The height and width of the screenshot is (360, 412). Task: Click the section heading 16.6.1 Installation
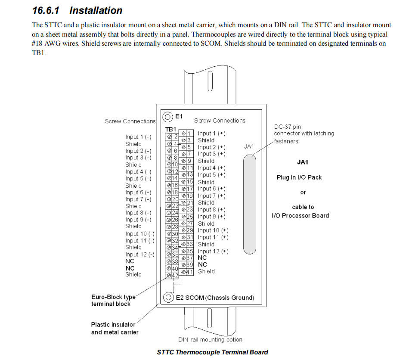point(77,10)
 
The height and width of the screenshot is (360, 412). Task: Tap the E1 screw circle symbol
point(168,117)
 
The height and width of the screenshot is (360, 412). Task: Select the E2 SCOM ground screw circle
point(168,297)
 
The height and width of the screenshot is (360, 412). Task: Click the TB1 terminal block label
point(171,129)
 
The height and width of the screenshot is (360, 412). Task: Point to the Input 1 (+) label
point(211,133)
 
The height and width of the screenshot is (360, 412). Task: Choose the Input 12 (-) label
point(140,254)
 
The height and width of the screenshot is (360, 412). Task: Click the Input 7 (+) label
point(211,196)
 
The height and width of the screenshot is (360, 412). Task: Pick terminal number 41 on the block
point(190,272)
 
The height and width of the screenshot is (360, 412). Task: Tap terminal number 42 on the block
point(175,275)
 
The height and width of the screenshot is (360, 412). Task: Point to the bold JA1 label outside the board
point(303,162)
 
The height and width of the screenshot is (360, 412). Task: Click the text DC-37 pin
point(288,127)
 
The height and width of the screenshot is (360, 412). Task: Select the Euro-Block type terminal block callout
point(112,300)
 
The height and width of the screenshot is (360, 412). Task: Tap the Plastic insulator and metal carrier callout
point(115,328)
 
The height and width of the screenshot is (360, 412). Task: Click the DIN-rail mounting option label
point(210,340)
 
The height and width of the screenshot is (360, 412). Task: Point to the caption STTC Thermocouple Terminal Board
point(212,352)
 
